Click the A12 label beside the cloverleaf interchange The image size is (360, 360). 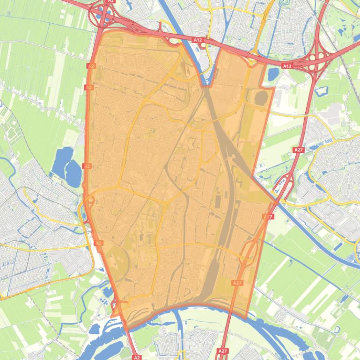(x=287, y=66)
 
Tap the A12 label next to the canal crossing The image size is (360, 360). (x=198, y=40)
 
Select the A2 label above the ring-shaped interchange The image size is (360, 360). (x=110, y=1)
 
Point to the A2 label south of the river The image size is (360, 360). (x=137, y=357)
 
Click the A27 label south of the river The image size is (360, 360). (x=223, y=351)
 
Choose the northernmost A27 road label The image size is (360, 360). (x=299, y=150)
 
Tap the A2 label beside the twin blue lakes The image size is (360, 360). (x=87, y=166)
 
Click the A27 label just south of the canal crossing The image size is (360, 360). (x=268, y=216)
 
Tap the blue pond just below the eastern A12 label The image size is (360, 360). (x=272, y=74)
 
